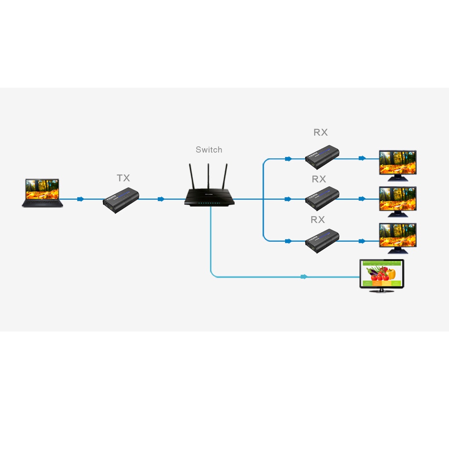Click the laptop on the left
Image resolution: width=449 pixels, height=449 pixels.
tap(43, 192)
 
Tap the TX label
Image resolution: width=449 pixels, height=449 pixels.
tap(123, 178)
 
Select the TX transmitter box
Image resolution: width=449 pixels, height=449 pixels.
tap(121, 200)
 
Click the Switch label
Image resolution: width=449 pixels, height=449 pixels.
tap(209, 150)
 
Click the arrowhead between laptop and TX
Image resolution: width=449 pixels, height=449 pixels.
tap(81, 199)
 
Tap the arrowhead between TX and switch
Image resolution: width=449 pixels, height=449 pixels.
tap(161, 199)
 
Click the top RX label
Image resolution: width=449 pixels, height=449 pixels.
tap(321, 132)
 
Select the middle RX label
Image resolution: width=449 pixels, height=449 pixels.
tap(319, 179)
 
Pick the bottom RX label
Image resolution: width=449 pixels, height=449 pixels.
tap(318, 220)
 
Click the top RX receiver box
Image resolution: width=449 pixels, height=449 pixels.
tap(322, 157)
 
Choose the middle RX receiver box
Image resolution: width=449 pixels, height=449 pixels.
tap(322, 198)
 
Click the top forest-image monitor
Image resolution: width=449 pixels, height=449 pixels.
tap(398, 165)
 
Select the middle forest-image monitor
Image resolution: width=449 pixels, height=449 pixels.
tap(398, 201)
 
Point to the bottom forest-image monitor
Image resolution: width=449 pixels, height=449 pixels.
tap(398, 238)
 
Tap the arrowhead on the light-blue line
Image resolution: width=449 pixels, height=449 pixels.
tap(303, 277)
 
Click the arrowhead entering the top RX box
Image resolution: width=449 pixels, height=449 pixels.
tap(288, 159)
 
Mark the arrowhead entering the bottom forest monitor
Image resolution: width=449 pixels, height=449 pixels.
tap(362, 241)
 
